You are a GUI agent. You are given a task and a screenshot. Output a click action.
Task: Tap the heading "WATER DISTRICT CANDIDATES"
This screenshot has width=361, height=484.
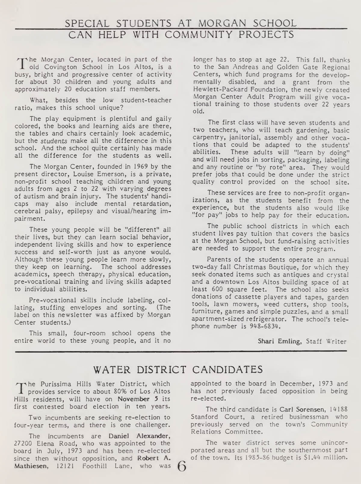click(x=178, y=369)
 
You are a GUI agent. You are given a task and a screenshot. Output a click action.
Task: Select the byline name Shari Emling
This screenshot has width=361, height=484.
click(x=279, y=341)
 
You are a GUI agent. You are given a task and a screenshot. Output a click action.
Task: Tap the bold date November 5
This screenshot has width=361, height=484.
click(x=134, y=399)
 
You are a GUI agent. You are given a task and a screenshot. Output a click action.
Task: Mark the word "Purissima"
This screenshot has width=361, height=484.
click(x=54, y=384)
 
